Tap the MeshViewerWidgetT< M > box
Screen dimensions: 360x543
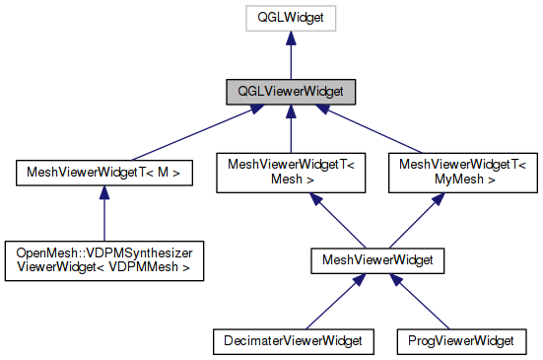[103, 174]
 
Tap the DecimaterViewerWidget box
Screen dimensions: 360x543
[288, 341]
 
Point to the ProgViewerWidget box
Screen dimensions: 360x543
[461, 341]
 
